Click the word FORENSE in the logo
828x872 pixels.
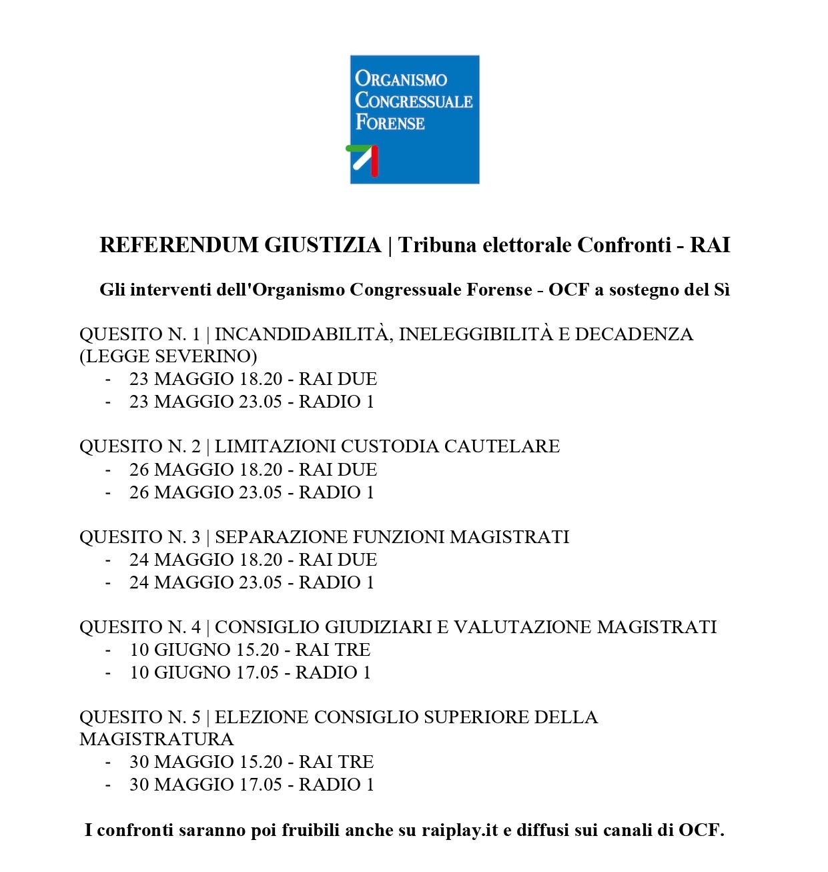click(390, 123)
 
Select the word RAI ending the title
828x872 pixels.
click(710, 246)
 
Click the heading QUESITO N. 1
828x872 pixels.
click(139, 334)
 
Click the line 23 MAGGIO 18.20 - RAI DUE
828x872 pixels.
click(253, 379)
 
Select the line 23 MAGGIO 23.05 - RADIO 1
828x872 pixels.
click(252, 402)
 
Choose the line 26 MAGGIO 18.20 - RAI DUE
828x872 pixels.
click(253, 470)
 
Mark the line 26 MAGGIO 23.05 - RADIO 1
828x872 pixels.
click(252, 492)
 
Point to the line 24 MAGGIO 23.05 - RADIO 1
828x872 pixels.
click(252, 582)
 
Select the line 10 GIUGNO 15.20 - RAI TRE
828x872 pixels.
click(250, 650)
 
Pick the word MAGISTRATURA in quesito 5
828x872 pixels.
click(156, 739)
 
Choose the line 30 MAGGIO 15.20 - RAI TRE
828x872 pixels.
click(252, 762)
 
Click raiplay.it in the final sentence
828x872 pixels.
click(460, 831)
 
